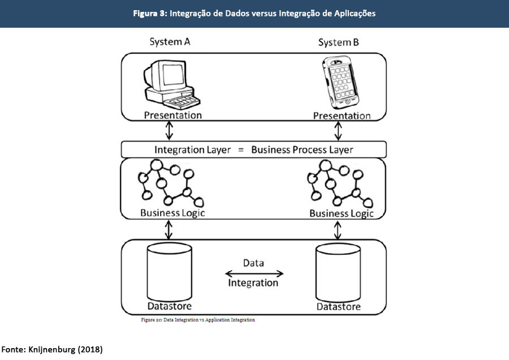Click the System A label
[x=170, y=42]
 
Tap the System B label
[x=338, y=42]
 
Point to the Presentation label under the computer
[x=172, y=115]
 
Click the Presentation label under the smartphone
[x=342, y=116]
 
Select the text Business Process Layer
[x=302, y=150]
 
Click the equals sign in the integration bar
[x=239, y=150]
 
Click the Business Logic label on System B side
[x=342, y=214]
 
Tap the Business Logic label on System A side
[x=172, y=213]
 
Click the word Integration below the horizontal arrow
[x=253, y=282]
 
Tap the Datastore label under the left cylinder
[x=170, y=307]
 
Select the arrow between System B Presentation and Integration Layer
[x=338, y=131]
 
